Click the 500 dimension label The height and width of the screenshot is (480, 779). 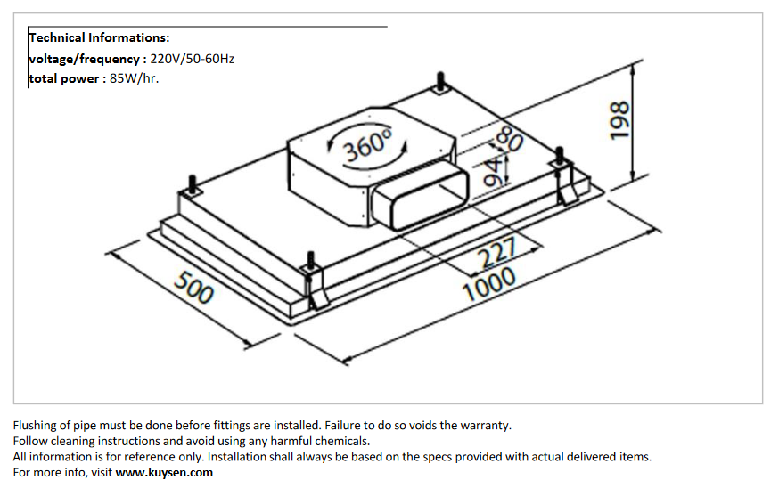(x=193, y=289)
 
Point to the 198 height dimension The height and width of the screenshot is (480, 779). (x=619, y=119)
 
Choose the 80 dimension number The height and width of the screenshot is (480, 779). (x=512, y=142)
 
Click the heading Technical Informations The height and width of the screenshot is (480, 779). (x=99, y=37)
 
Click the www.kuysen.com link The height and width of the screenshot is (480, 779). (x=164, y=472)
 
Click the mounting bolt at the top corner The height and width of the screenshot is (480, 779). (x=442, y=84)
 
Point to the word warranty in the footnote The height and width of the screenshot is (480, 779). (x=485, y=425)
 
